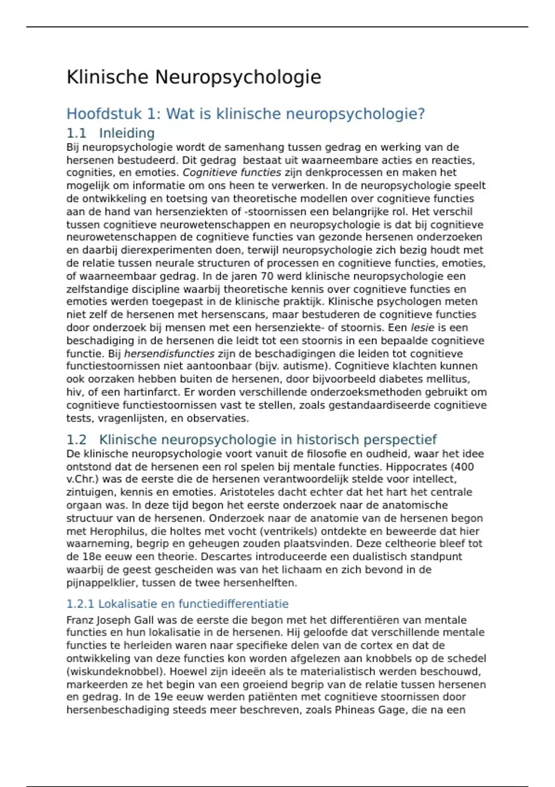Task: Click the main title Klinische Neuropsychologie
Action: coord(194,77)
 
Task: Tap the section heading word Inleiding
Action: coord(127,133)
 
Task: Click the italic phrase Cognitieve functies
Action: coord(232,173)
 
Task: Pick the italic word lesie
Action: coord(422,328)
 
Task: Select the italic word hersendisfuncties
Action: coord(169,354)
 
